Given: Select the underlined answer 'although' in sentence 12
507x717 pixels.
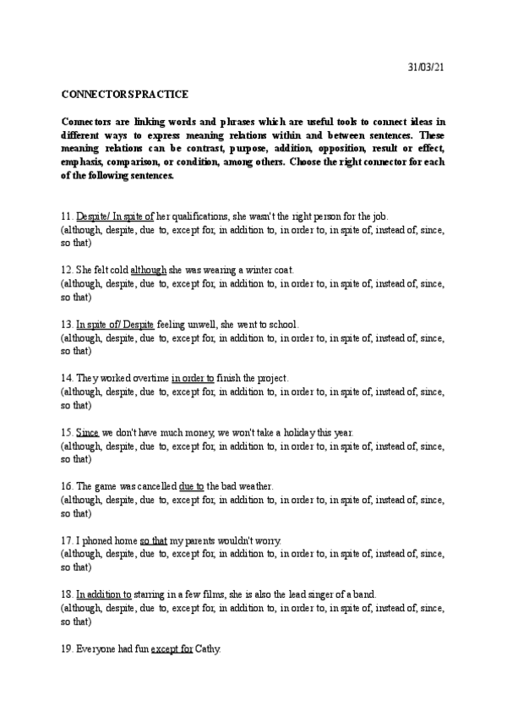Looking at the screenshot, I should point(149,270).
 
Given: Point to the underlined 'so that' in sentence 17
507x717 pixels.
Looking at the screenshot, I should point(153,540).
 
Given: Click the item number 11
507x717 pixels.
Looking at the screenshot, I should point(67,216).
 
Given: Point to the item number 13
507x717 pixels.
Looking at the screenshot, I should point(67,324).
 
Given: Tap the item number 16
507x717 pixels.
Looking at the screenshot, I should point(67,486).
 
